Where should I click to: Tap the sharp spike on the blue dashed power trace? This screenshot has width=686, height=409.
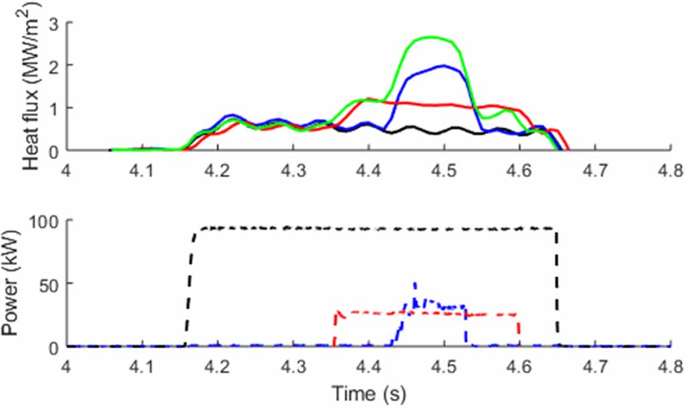point(415,284)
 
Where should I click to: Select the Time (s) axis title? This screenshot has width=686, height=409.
point(367,390)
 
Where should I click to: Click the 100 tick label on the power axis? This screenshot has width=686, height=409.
point(48,222)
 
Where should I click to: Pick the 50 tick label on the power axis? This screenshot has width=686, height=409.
point(51,284)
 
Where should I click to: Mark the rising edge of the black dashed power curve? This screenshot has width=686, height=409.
point(188,288)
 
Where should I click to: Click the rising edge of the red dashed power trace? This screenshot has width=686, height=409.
point(334,328)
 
